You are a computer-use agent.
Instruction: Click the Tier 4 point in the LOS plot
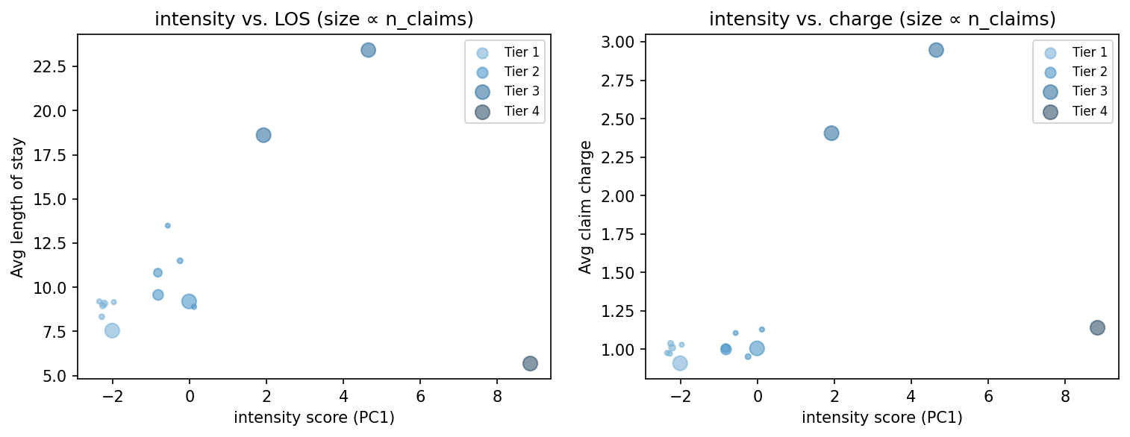click(x=530, y=363)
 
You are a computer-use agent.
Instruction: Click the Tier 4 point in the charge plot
click(x=1097, y=327)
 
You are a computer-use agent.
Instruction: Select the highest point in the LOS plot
click(x=368, y=50)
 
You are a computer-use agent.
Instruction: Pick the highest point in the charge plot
click(x=936, y=50)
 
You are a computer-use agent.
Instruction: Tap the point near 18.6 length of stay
click(x=263, y=135)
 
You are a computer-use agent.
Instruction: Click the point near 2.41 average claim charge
click(x=831, y=133)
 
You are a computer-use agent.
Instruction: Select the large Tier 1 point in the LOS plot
click(x=112, y=330)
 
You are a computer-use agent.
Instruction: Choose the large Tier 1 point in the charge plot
click(x=680, y=363)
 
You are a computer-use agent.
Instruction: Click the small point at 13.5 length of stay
click(x=167, y=225)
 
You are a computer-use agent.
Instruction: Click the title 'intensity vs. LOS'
click(x=313, y=19)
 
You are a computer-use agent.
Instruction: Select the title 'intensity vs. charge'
click(x=881, y=19)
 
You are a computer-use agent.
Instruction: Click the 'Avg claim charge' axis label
click(x=585, y=207)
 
